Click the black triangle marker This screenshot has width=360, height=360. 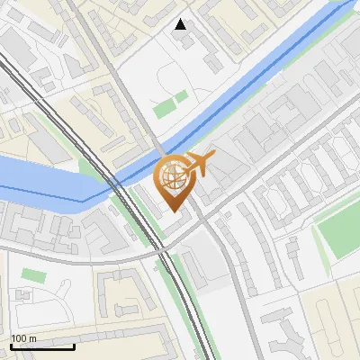[x=181, y=24]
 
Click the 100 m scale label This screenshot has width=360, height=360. [x=23, y=338]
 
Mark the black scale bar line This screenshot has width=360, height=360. [x=42, y=346]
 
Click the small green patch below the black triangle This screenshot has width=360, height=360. [x=165, y=109]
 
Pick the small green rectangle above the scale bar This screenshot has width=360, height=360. [x=32, y=274]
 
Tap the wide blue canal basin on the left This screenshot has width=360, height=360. [x=45, y=180]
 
